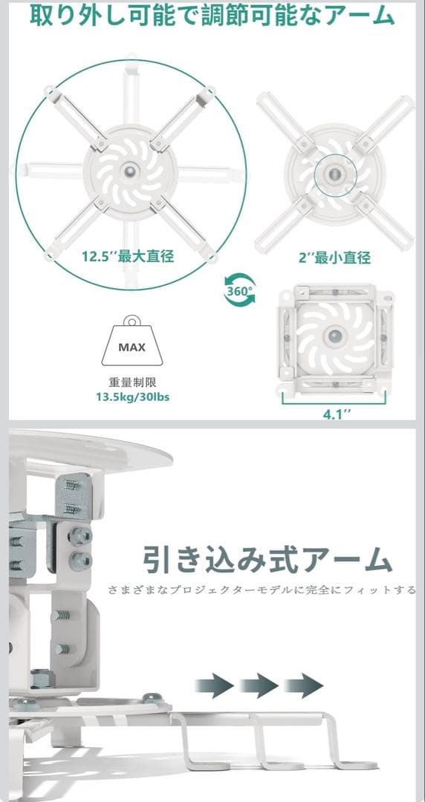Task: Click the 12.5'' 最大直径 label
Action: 128,255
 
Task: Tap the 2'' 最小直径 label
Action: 335,257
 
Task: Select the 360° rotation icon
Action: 239,290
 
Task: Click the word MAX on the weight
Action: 132,348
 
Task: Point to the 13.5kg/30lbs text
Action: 132,397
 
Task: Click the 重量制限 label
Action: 132,382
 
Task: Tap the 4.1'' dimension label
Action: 337,414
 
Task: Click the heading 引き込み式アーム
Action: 267,560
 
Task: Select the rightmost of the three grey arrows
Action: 303,685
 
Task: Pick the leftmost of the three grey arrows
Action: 214,685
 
